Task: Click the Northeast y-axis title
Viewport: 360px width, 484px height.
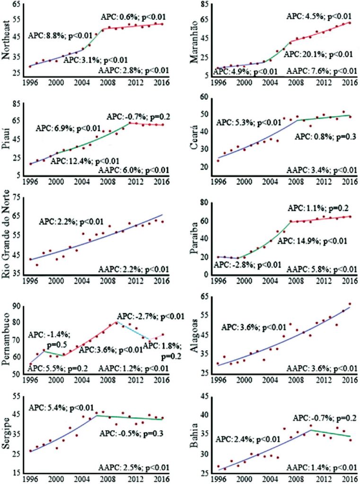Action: (x=7, y=42)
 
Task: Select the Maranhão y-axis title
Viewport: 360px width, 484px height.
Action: (x=193, y=42)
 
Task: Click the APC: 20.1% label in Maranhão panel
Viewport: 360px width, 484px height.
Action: (x=318, y=54)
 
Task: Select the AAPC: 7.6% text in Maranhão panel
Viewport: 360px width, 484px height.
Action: (x=321, y=71)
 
